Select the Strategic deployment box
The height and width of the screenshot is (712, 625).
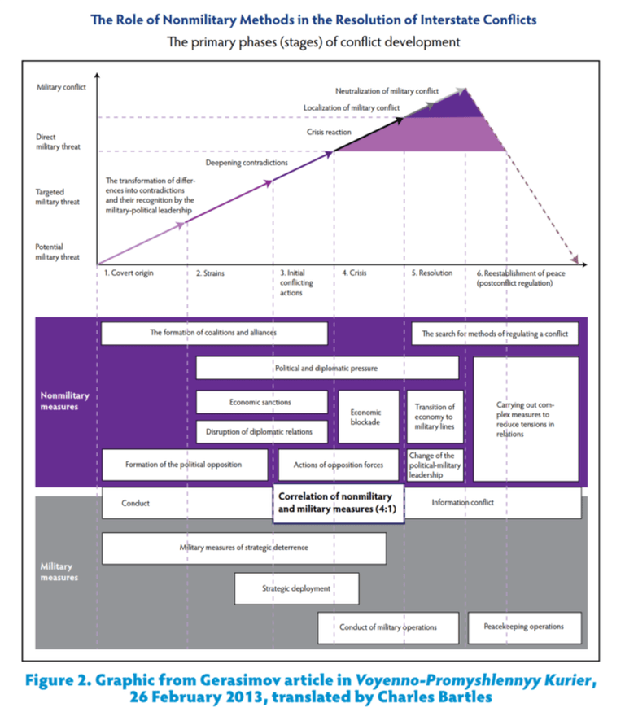(x=296, y=588)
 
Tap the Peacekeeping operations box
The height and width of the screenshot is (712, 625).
(x=526, y=627)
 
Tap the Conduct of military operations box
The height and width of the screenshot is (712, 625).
(x=388, y=627)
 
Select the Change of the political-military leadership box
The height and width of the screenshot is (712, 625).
(x=435, y=465)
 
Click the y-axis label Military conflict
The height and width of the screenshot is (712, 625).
(x=61, y=87)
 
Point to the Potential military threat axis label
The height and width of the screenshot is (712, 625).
(x=57, y=251)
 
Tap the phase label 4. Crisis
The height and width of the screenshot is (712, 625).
(x=354, y=274)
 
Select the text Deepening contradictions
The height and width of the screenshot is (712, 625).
(x=247, y=163)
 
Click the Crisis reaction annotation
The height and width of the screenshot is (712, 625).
(x=329, y=131)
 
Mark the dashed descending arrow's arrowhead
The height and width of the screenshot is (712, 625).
(x=575, y=260)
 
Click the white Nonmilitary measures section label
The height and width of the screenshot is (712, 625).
(x=65, y=400)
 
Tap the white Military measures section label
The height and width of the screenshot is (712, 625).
(x=57, y=571)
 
